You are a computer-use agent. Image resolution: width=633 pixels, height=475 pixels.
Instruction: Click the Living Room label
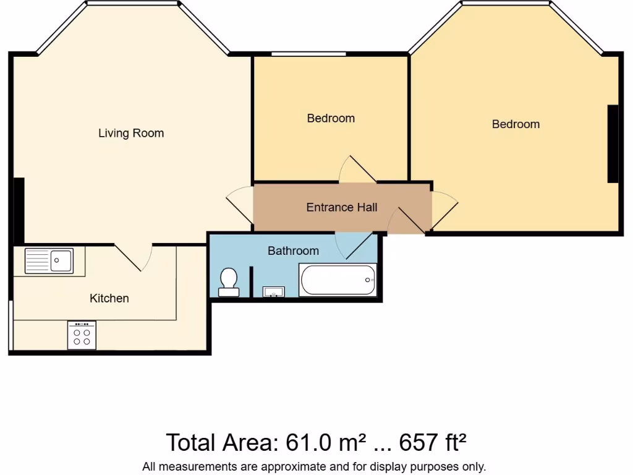click(131, 133)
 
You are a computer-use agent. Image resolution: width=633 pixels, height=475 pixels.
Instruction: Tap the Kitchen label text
click(109, 298)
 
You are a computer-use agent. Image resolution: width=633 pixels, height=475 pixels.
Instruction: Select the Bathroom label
click(293, 250)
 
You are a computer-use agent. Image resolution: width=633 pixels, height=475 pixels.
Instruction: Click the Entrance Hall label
click(341, 207)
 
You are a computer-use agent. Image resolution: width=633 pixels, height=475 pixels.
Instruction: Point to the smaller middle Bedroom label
click(331, 118)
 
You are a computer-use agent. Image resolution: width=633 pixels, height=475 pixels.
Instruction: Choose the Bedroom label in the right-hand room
click(516, 124)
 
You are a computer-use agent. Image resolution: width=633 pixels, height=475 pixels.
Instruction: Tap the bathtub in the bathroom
click(337, 280)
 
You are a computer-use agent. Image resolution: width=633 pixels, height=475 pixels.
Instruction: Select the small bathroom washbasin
click(273, 291)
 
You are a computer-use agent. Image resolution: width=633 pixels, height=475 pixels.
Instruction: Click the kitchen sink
click(49, 260)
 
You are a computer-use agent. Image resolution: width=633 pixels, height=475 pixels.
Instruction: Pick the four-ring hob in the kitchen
click(82, 335)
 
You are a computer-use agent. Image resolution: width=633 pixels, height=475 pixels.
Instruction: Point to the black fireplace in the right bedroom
click(613, 143)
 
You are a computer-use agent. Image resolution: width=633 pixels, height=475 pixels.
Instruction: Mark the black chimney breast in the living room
click(19, 210)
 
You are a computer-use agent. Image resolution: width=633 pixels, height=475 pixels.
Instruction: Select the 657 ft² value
click(433, 442)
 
